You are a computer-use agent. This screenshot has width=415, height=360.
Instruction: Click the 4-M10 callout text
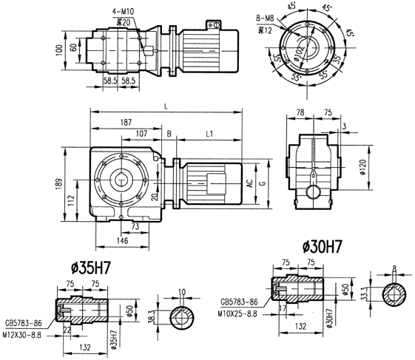(x=122, y=13)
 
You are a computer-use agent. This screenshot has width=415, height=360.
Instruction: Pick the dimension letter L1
(x=209, y=135)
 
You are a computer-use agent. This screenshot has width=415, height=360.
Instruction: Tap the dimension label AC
(x=251, y=182)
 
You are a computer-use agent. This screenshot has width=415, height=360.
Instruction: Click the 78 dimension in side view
(x=299, y=113)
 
